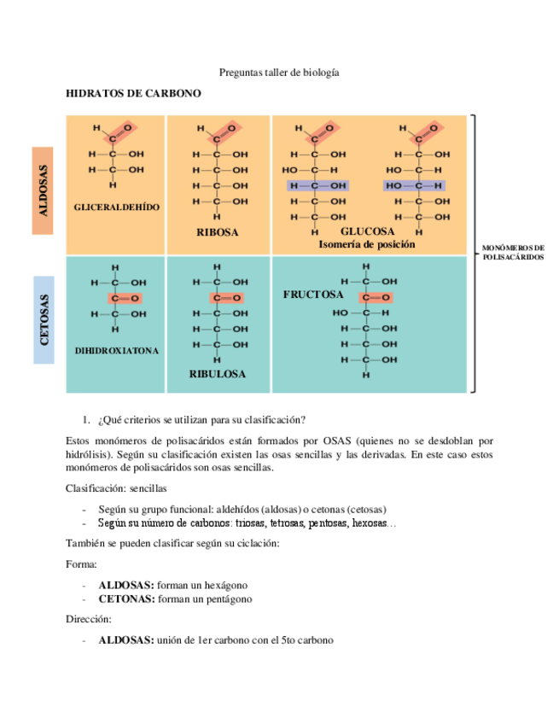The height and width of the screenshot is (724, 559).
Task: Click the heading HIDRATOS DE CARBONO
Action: (133, 93)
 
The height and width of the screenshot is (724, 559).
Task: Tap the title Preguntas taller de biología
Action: (279, 73)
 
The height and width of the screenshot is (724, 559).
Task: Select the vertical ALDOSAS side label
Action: (44, 190)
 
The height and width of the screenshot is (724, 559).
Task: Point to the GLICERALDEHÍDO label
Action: (117, 207)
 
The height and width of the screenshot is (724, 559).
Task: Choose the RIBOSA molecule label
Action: (218, 231)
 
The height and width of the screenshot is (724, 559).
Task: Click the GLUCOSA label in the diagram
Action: (368, 231)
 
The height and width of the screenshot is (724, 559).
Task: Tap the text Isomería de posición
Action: (367, 244)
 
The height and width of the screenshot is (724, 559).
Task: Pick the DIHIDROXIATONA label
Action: (117, 351)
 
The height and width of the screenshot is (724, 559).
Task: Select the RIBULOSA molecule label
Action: (218, 374)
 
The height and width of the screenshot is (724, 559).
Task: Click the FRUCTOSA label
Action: (313, 295)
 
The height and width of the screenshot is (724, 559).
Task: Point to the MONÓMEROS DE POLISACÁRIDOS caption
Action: (513, 252)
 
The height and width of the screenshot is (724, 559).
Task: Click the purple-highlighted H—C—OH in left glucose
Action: (317, 185)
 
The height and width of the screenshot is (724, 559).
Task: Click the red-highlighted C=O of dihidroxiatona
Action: (123, 298)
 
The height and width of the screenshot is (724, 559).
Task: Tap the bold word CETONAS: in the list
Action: (126, 598)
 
